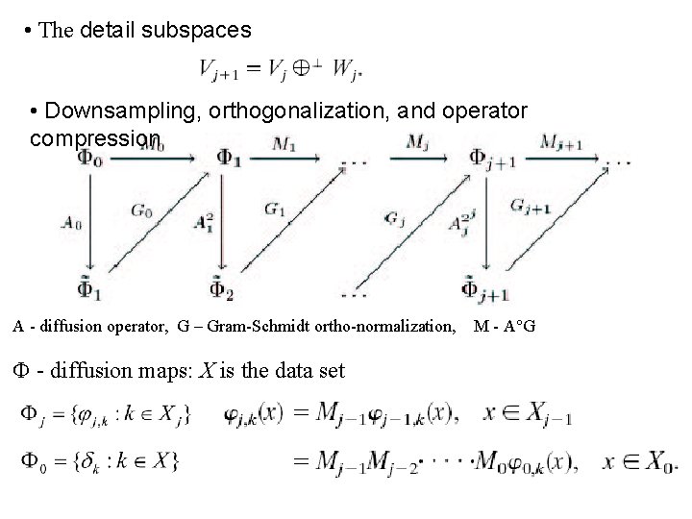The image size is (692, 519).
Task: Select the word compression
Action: [x=95, y=138]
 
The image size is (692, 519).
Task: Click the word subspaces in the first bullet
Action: [x=197, y=31]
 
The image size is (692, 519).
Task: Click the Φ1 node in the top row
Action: [x=229, y=158]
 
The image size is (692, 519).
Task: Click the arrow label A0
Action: [x=70, y=222]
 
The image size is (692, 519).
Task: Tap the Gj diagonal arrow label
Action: [x=394, y=220]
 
